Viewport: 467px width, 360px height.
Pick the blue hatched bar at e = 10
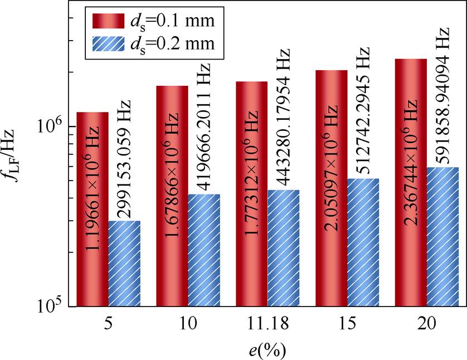(x=204, y=250)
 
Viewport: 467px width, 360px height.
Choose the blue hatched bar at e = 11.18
(x=283, y=248)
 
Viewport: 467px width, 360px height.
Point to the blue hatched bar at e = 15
(x=363, y=242)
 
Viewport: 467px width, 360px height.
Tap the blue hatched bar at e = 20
(x=442, y=237)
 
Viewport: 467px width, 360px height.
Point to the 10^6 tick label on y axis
(x=53, y=126)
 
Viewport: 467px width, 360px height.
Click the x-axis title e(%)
(x=268, y=349)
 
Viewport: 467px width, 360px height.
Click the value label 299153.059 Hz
(x=124, y=158)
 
